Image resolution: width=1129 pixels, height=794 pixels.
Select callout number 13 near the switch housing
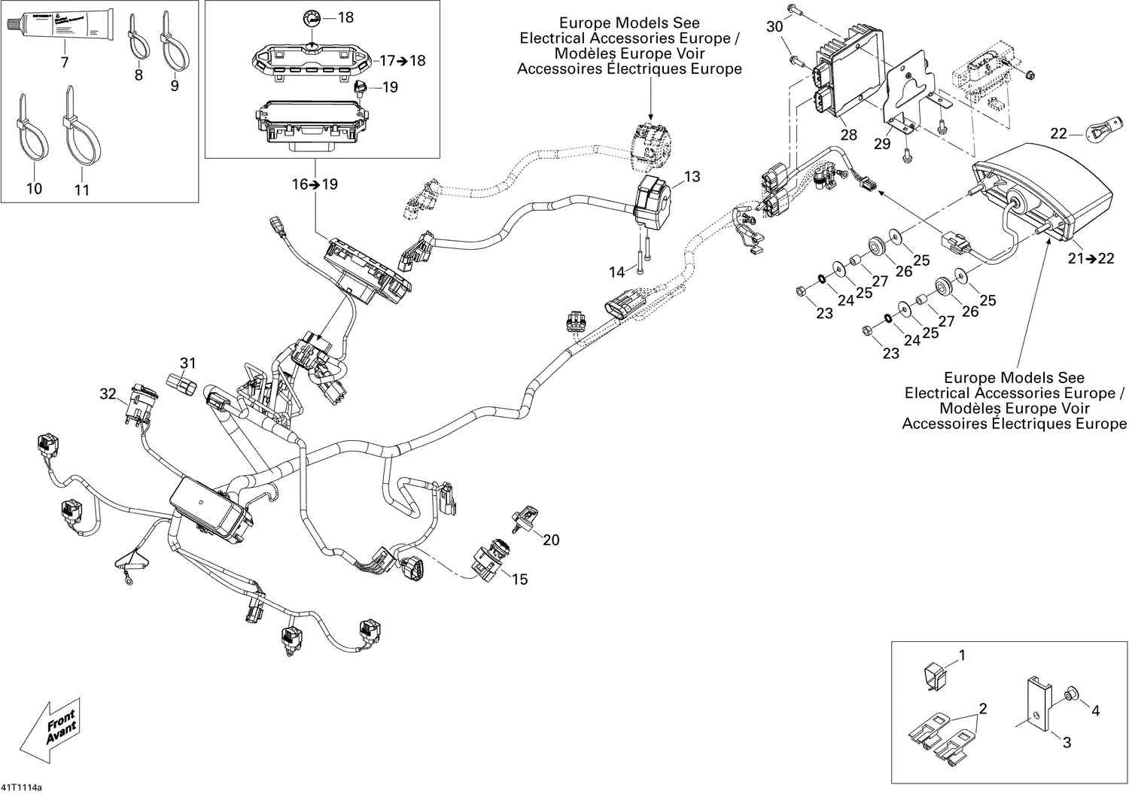[x=692, y=177]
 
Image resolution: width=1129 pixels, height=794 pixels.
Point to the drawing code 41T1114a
[x=22, y=787]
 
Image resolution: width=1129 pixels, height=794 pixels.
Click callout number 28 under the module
[x=849, y=135]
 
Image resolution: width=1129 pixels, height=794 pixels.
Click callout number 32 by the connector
[x=108, y=394]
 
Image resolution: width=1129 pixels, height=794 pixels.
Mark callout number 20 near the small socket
[x=551, y=540]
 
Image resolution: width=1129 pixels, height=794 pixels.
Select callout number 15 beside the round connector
[x=519, y=580]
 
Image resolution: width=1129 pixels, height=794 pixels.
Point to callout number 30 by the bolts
[x=774, y=27]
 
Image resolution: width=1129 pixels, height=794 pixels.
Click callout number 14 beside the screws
[x=616, y=272]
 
